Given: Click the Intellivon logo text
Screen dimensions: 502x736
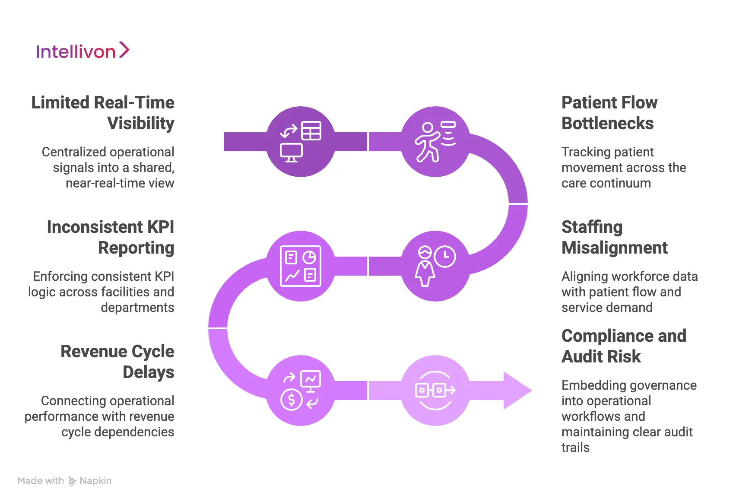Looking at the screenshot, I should pyautogui.click(x=76, y=52).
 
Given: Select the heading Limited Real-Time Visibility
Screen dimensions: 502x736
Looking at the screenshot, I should pyautogui.click(x=103, y=113).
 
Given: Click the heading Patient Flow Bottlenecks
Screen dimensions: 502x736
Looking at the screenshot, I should pyautogui.click(x=609, y=113).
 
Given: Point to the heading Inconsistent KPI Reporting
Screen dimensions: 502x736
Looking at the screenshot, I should pyautogui.click(x=111, y=237).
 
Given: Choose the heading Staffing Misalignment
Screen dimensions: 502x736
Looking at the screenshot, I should pyautogui.click(x=614, y=237).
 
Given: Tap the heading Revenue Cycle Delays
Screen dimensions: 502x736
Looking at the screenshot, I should pyautogui.click(x=117, y=362).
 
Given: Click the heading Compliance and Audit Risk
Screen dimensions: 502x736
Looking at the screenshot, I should pyautogui.click(x=624, y=346).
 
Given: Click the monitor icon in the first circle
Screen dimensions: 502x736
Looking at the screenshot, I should pyautogui.click(x=291, y=152).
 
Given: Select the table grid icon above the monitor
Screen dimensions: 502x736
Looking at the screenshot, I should pyautogui.click(x=311, y=131).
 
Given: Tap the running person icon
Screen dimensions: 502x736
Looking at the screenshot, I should pyautogui.click(x=427, y=143).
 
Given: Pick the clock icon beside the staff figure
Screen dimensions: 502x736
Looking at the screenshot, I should pyautogui.click(x=445, y=257).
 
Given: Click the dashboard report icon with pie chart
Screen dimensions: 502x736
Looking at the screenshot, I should pyautogui.click(x=301, y=266).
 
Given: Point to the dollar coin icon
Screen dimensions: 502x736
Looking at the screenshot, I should pyautogui.click(x=291, y=400).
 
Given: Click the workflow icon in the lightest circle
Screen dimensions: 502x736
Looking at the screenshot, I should pyautogui.click(x=435, y=391).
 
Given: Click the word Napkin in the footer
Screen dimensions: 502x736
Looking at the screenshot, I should pyautogui.click(x=95, y=481).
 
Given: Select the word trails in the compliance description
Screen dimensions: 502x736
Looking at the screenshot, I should pyautogui.click(x=575, y=448).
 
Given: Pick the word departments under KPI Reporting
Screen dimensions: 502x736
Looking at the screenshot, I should pyautogui.click(x=137, y=308).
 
